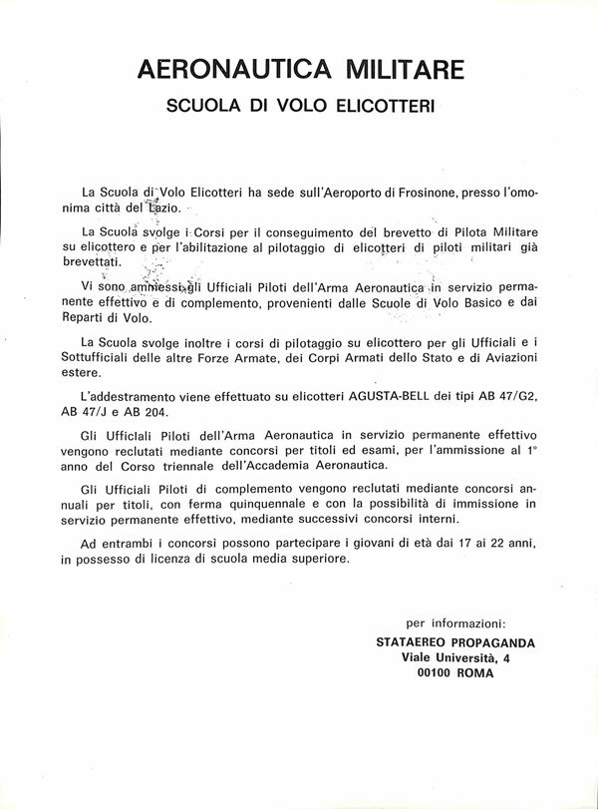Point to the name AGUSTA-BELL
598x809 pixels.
click(x=390, y=396)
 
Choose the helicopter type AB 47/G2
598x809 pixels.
click(x=517, y=396)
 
